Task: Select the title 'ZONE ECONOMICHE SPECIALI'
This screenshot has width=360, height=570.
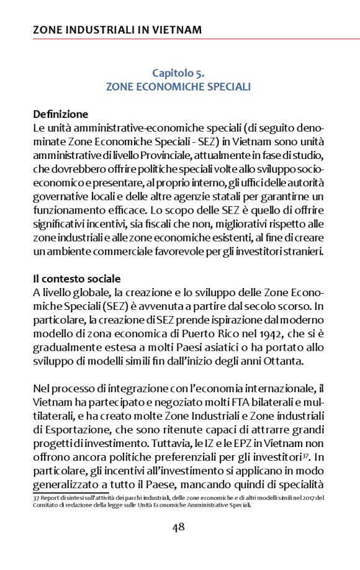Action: pos(179,87)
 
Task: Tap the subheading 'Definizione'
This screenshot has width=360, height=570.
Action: pos(61,114)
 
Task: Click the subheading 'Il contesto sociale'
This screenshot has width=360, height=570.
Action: pos(77,279)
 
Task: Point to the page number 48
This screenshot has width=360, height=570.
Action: pos(179,527)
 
